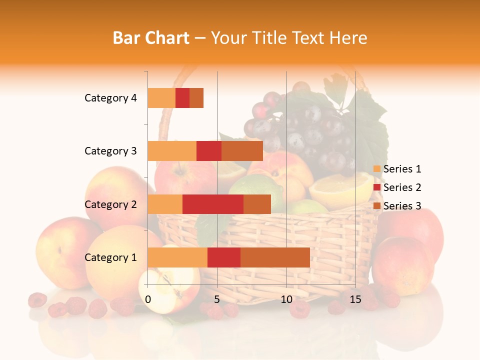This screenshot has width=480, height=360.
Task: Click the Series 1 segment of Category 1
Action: pos(177,257)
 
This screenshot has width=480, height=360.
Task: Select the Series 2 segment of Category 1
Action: pos(223,257)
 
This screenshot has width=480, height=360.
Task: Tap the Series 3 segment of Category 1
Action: pos(275,257)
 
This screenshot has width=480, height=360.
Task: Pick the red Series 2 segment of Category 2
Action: pos(212,204)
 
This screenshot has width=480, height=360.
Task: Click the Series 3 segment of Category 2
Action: pos(257,204)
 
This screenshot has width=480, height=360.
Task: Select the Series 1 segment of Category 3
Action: pos(172,151)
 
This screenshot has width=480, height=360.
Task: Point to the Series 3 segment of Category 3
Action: pos(242,151)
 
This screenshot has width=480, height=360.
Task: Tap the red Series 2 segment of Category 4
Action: pos(182,98)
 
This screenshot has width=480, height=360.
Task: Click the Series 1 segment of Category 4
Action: pos(161,98)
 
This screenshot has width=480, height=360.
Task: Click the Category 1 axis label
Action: pos(110,257)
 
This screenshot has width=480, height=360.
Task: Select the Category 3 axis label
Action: pos(110,151)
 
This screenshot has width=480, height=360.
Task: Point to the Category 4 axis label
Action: pos(110,98)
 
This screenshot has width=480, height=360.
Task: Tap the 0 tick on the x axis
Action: pos(148,299)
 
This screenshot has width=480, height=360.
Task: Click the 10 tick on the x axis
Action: pos(286,299)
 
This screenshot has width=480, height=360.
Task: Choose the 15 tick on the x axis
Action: pos(355,299)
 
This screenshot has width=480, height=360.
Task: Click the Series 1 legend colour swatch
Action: pos(377,169)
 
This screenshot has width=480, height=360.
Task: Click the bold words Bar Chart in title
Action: pos(151,38)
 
